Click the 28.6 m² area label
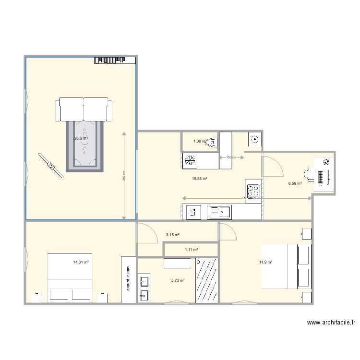[x=81, y=138]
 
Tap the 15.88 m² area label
[x=199, y=179]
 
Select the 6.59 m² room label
[x=295, y=183]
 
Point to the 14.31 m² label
[x=81, y=263]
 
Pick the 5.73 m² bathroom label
[x=178, y=280]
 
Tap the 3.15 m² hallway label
[x=173, y=235]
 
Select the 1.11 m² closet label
[x=192, y=250]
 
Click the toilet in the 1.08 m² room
[x=212, y=142]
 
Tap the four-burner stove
[x=253, y=191]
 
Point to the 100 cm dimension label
[x=231, y=157]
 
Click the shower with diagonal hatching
[x=207, y=281]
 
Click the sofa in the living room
[x=84, y=109]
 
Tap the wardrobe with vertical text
[x=128, y=279]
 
